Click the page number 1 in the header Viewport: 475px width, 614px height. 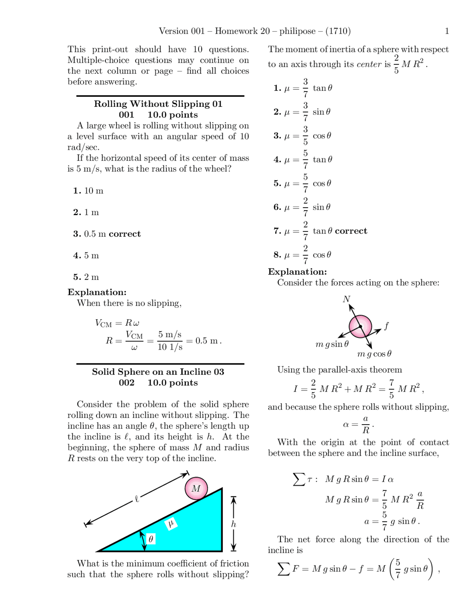pyautogui.click(x=447, y=31)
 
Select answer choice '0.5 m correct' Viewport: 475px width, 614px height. pyautogui.click(x=107, y=234)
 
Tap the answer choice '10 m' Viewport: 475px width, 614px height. pyautogui.click(x=88, y=191)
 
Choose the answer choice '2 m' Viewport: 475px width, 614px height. pyautogui.click(x=86, y=277)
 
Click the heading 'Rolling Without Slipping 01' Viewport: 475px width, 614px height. pyautogui.click(x=158, y=104)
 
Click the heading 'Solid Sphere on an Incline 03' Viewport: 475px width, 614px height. pyautogui.click(x=158, y=372)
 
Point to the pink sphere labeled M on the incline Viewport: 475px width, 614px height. pyautogui.click(x=196, y=489)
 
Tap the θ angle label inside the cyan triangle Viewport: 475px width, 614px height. pyautogui.click(x=151, y=539)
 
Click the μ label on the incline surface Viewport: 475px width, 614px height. pyautogui.click(x=171, y=524)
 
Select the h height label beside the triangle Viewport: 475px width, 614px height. pyautogui.click(x=233, y=524)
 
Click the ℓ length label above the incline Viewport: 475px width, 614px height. pyautogui.click(x=137, y=499)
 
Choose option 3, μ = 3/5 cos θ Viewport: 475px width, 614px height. pyautogui.click(x=302, y=136)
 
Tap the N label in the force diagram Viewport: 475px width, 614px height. pyautogui.click(x=346, y=299)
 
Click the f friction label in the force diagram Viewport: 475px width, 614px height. pyautogui.click(x=386, y=326)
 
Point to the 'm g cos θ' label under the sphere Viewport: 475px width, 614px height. pyautogui.click(x=374, y=354)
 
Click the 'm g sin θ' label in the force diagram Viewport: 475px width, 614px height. pyautogui.click(x=332, y=344)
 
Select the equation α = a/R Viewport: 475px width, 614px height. pyautogui.click(x=358, y=425)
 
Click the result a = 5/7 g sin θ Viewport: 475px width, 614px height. pyautogui.click(x=392, y=521)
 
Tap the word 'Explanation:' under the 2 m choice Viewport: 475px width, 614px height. pyautogui.click(x=97, y=292)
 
